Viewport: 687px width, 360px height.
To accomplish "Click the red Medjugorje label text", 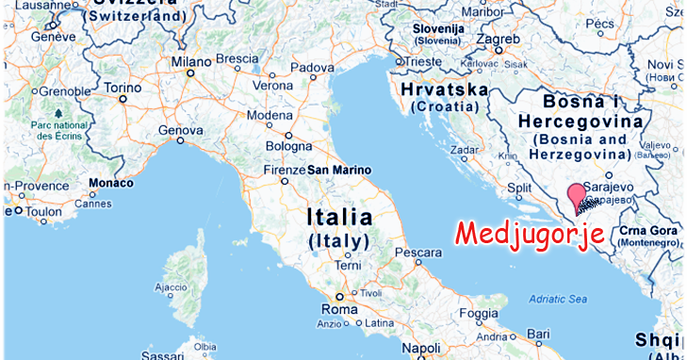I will click(529, 232).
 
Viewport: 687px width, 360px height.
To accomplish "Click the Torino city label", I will click(123, 88).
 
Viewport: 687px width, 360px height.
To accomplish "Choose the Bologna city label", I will click(288, 146).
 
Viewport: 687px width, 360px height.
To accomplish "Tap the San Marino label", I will click(338, 171).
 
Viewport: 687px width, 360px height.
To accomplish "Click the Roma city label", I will click(339, 309).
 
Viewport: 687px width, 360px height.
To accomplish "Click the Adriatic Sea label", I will click(557, 299).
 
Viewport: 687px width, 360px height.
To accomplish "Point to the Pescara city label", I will click(418, 254).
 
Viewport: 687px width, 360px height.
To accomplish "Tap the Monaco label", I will click(110, 183).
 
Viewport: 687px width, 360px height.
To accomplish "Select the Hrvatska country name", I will click(444, 90).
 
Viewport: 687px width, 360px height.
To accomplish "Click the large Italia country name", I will click(338, 218).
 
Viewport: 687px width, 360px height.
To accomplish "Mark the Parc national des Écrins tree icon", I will click(58, 113).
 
